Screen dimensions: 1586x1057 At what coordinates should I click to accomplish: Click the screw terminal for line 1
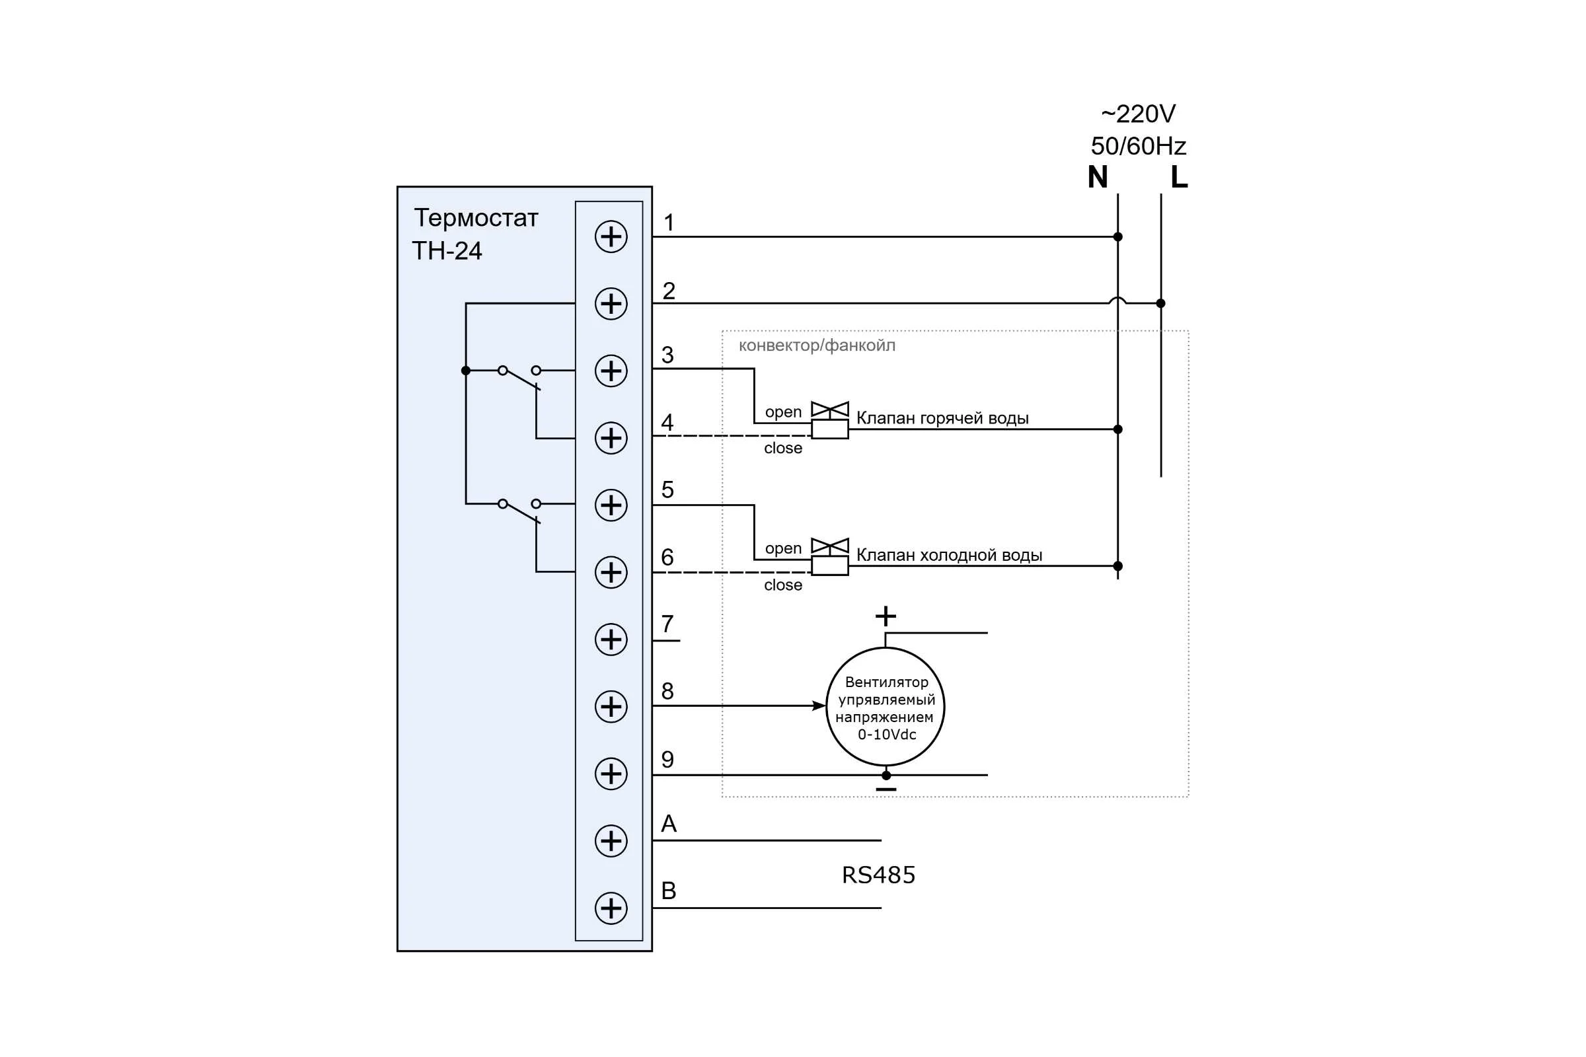tap(611, 237)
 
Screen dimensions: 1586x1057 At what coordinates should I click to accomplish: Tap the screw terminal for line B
tap(611, 908)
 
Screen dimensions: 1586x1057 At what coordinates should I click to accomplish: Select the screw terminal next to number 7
tap(611, 639)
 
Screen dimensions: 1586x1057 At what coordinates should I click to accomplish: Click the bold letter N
tap(1098, 176)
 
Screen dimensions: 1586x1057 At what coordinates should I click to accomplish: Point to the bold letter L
tap(1179, 176)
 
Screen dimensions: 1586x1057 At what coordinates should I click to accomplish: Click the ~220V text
tap(1138, 114)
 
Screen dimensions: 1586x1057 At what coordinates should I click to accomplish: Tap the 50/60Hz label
tap(1138, 145)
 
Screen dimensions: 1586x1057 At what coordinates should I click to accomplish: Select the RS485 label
tap(879, 875)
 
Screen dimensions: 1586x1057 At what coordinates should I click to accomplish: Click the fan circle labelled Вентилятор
tap(886, 706)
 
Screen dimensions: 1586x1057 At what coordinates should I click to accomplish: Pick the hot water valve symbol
tap(829, 421)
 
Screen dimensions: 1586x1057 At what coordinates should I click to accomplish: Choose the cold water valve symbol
tap(829, 557)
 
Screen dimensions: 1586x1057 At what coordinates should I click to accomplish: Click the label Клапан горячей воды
tap(942, 419)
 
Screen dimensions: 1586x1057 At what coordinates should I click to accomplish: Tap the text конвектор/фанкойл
tap(817, 346)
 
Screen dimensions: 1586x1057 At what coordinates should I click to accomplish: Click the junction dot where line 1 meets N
tap(1117, 237)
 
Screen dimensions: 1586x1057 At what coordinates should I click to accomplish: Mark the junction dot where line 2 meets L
tap(1160, 303)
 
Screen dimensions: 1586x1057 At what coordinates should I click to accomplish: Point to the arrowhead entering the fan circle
tap(819, 706)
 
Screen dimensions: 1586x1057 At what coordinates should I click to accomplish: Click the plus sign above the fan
tap(886, 616)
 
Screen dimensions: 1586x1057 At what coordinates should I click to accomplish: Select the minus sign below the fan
tap(886, 789)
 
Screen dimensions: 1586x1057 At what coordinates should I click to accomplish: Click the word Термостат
tap(476, 219)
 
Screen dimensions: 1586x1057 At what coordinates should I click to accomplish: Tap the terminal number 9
tap(667, 760)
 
